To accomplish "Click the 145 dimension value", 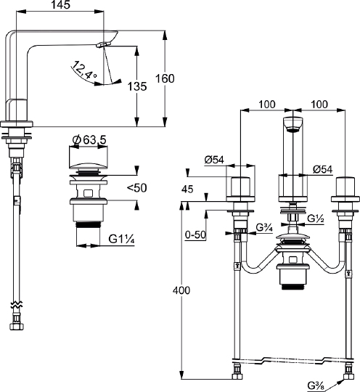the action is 61,5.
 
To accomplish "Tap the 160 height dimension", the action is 165,78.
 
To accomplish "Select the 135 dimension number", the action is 137,86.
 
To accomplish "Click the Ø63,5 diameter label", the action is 89,140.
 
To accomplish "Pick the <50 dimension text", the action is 136,188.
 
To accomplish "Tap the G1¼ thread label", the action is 121,240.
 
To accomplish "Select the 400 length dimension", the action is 181,290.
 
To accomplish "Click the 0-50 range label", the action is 195,234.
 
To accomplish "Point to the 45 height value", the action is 187,189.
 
